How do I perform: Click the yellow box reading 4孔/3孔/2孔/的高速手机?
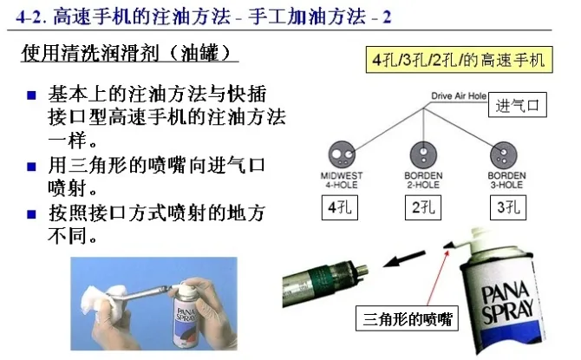tap(459, 60)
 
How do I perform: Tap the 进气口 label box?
tap(518, 105)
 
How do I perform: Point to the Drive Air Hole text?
tap(459, 96)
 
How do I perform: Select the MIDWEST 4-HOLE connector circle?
tap(342, 154)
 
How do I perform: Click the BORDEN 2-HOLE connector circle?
tap(423, 154)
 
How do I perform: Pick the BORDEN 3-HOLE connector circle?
tap(504, 155)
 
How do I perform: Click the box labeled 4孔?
tap(339, 207)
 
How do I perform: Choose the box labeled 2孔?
tap(423, 207)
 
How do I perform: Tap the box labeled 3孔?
tap(508, 207)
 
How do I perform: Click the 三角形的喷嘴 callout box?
tap(407, 318)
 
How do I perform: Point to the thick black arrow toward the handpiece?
tap(404, 259)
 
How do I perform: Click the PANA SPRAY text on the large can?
tap(508, 302)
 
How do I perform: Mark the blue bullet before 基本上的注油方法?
tap(31, 95)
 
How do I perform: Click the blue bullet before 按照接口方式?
tap(31, 214)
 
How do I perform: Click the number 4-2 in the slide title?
tap(29, 17)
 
